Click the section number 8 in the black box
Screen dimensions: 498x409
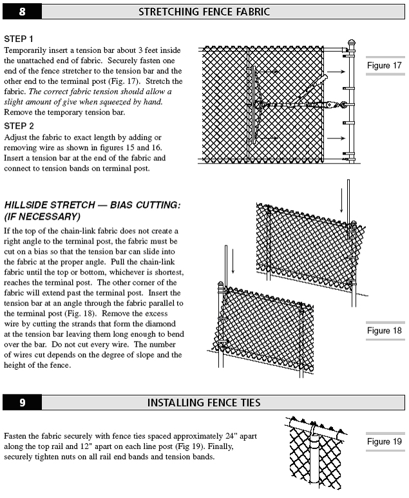coord(23,12)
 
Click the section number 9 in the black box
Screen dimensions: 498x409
coord(23,403)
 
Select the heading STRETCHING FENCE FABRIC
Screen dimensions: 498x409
coord(204,12)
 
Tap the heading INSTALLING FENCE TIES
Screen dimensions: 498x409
coord(204,403)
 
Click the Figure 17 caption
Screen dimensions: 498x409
coord(384,66)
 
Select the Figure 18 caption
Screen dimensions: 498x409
coord(384,331)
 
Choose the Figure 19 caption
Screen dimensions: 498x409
coord(384,442)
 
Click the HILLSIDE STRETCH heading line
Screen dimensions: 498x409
coord(92,205)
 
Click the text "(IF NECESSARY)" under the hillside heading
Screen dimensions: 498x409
coord(42,216)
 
